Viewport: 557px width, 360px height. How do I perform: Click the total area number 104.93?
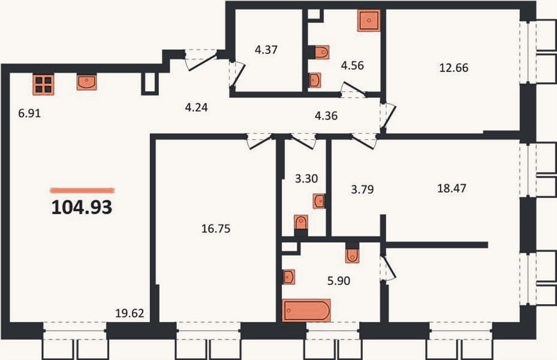coord(82,207)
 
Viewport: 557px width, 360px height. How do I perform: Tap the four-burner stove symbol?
coord(44,85)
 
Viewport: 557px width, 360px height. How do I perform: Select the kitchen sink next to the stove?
coord(87,82)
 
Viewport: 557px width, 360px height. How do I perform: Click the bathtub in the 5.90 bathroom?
coord(306,311)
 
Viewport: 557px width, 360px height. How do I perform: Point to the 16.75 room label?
coord(216,229)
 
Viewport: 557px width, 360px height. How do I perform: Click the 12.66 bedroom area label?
coord(454,68)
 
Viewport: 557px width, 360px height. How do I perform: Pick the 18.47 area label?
coord(451,188)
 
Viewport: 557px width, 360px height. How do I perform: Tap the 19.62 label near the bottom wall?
coord(130,313)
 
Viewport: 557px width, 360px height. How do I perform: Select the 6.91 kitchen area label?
coord(29,113)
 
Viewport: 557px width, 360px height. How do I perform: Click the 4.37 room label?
coord(266,50)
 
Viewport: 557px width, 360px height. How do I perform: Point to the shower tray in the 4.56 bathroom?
coord(369,20)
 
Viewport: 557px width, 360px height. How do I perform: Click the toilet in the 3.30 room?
coord(301,223)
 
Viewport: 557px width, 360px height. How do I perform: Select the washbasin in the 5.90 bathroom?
coord(289,277)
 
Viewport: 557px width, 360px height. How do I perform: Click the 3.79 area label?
coord(362,190)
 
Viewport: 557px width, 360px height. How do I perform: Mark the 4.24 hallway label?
coord(197,107)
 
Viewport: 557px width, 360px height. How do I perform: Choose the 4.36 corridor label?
coord(326,116)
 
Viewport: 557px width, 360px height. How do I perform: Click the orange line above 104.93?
coord(82,190)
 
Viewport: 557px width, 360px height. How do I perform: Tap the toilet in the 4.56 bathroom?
coord(322,52)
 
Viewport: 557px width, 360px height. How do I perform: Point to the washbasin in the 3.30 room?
coord(319,201)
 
